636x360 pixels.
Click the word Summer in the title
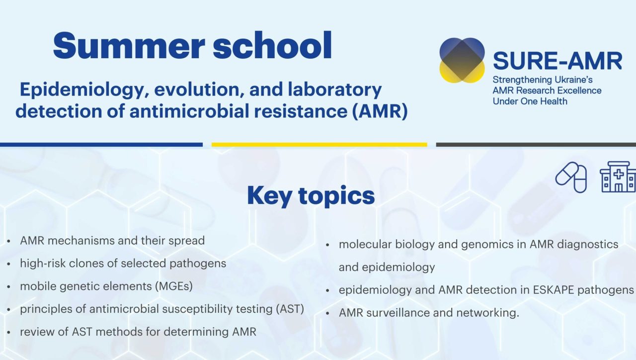[x=129, y=46]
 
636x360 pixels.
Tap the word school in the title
[x=272, y=45]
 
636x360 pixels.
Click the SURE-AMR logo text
[x=557, y=61]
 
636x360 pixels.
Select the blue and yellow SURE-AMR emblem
[x=462, y=60]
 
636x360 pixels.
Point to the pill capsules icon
[x=571, y=178]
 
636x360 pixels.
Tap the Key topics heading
[x=311, y=195]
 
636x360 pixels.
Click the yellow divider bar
[x=319, y=145]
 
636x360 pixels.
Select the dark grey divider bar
[x=536, y=145]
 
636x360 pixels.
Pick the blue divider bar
[x=101, y=145]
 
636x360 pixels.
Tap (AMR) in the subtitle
[x=380, y=111]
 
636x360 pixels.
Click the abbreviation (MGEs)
[x=174, y=286]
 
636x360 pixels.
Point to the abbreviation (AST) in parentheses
[x=290, y=309]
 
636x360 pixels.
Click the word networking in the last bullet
[x=487, y=313]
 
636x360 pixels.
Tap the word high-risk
[x=42, y=264]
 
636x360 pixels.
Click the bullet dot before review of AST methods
[x=9, y=332]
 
